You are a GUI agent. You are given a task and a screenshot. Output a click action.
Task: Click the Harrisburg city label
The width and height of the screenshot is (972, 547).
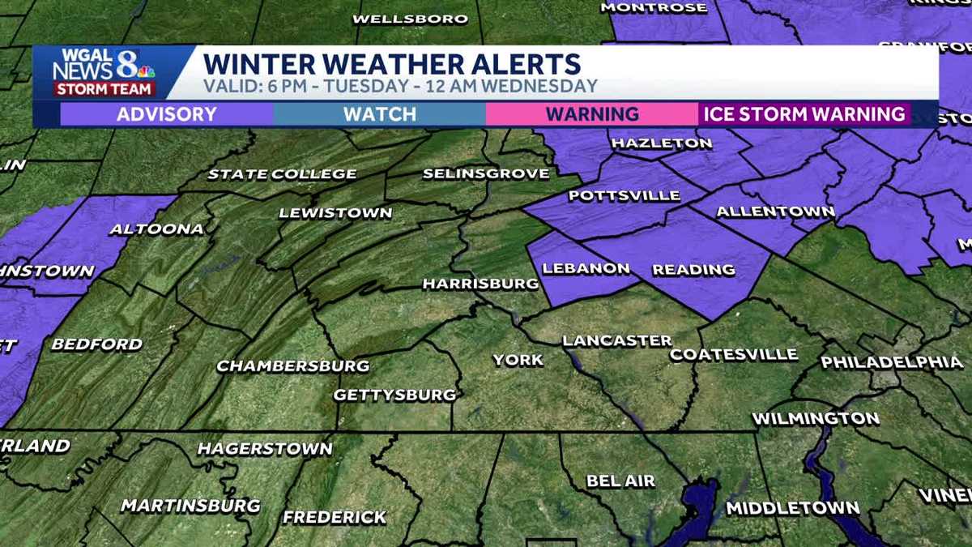(480, 284)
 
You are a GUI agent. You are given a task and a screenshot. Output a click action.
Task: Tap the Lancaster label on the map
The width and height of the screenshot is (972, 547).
(617, 340)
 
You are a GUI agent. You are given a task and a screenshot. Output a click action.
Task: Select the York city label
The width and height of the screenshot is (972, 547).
(518, 360)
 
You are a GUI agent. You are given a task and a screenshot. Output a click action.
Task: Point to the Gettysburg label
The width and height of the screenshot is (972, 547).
(395, 395)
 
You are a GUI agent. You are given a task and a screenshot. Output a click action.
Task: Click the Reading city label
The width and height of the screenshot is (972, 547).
(693, 269)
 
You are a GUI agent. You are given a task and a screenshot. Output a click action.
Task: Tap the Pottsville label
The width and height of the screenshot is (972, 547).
(612, 196)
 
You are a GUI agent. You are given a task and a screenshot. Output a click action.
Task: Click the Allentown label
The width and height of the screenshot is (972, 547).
(775, 212)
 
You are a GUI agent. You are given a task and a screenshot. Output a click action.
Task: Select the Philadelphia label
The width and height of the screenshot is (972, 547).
(892, 362)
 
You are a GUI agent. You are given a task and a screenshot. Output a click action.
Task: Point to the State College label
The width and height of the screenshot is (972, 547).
(282, 173)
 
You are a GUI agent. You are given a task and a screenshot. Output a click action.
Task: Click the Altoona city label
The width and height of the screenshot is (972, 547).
(156, 229)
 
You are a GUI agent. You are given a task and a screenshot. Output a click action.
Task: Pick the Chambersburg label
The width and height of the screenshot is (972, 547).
(292, 365)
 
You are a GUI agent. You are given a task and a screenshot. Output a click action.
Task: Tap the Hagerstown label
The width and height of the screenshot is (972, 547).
(265, 448)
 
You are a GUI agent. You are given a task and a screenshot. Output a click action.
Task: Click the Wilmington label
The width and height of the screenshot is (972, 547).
(816, 419)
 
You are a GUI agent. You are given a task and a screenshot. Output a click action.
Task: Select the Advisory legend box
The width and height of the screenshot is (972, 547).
(167, 113)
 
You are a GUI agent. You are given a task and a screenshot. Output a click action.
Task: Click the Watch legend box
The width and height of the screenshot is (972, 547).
(379, 113)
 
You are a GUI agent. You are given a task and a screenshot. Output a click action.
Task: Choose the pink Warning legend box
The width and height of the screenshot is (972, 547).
(592, 113)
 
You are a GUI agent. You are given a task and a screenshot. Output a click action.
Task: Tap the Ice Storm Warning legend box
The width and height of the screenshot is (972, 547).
(804, 113)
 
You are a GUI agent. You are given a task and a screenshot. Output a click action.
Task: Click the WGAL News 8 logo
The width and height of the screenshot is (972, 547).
(103, 73)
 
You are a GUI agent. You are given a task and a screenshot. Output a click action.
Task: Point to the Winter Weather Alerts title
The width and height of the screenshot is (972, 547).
(391, 63)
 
